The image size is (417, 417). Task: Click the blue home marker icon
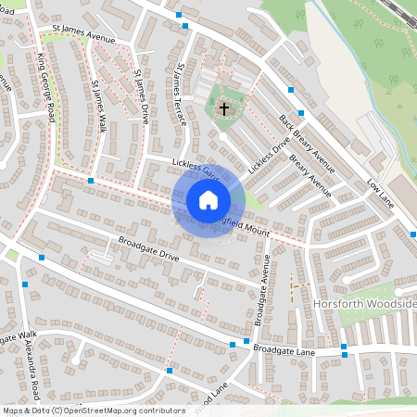pos(208,199)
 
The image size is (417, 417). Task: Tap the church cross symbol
pos(223,108)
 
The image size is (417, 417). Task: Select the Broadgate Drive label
pos(148,252)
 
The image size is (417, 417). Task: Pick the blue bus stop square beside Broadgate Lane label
pos(246,342)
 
